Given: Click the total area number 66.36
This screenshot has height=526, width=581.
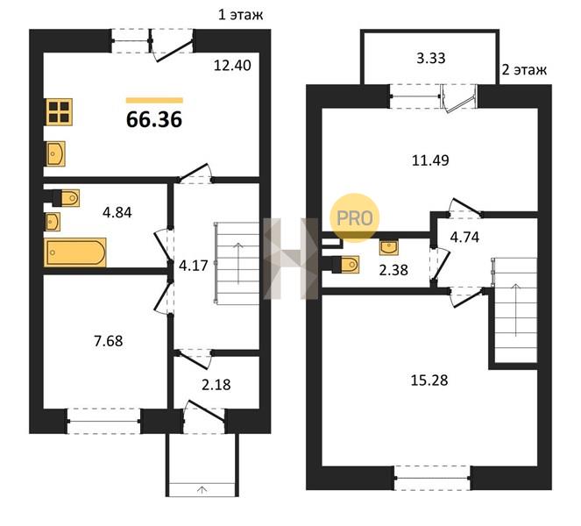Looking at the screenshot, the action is pos(154,120).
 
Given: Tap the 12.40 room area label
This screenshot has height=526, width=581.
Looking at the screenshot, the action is pos(232,66).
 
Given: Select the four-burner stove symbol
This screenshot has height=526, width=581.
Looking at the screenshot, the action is pos(60,112).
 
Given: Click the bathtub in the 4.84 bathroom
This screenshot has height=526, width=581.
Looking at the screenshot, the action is pos(75,252).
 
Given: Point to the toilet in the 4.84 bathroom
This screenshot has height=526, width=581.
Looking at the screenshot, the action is pos(67,198).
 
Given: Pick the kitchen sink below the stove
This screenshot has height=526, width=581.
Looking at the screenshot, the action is pos(55,153).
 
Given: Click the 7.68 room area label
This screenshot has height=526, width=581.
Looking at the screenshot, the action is pos(108,341).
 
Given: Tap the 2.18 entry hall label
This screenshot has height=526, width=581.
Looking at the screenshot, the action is pos(216,385).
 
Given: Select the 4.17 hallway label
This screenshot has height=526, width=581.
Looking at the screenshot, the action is pos(193,266).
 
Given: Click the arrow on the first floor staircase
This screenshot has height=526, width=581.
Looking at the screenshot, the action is pos(237,263).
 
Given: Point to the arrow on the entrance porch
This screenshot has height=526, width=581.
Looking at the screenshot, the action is pos(202,490).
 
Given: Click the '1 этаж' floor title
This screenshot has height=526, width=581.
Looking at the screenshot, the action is pos(240,15).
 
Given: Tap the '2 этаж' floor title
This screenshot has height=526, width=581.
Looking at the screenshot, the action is pos(524,69).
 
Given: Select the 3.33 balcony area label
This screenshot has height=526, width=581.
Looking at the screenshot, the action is pos(430,58).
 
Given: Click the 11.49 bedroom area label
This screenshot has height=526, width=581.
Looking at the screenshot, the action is pos(430,160).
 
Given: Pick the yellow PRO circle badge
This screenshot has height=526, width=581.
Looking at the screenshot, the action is pos(355,218).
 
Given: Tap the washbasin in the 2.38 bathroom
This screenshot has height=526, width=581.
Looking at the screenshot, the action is pos(389,247).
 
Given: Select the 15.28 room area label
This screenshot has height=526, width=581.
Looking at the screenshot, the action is pos(429,380).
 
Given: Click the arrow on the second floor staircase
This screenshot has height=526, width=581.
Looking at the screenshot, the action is pos(516,309).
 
